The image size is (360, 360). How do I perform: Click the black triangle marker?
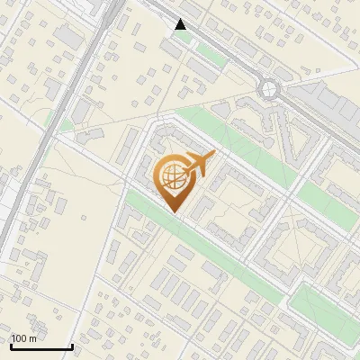181,24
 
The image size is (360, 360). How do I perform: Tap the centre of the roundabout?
269,88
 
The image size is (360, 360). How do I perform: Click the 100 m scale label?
24,338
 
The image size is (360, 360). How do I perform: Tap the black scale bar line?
40,346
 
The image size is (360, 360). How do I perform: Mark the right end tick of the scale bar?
72,345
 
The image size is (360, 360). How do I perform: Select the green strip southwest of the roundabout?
225,135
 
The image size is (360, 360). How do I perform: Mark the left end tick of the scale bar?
10,345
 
